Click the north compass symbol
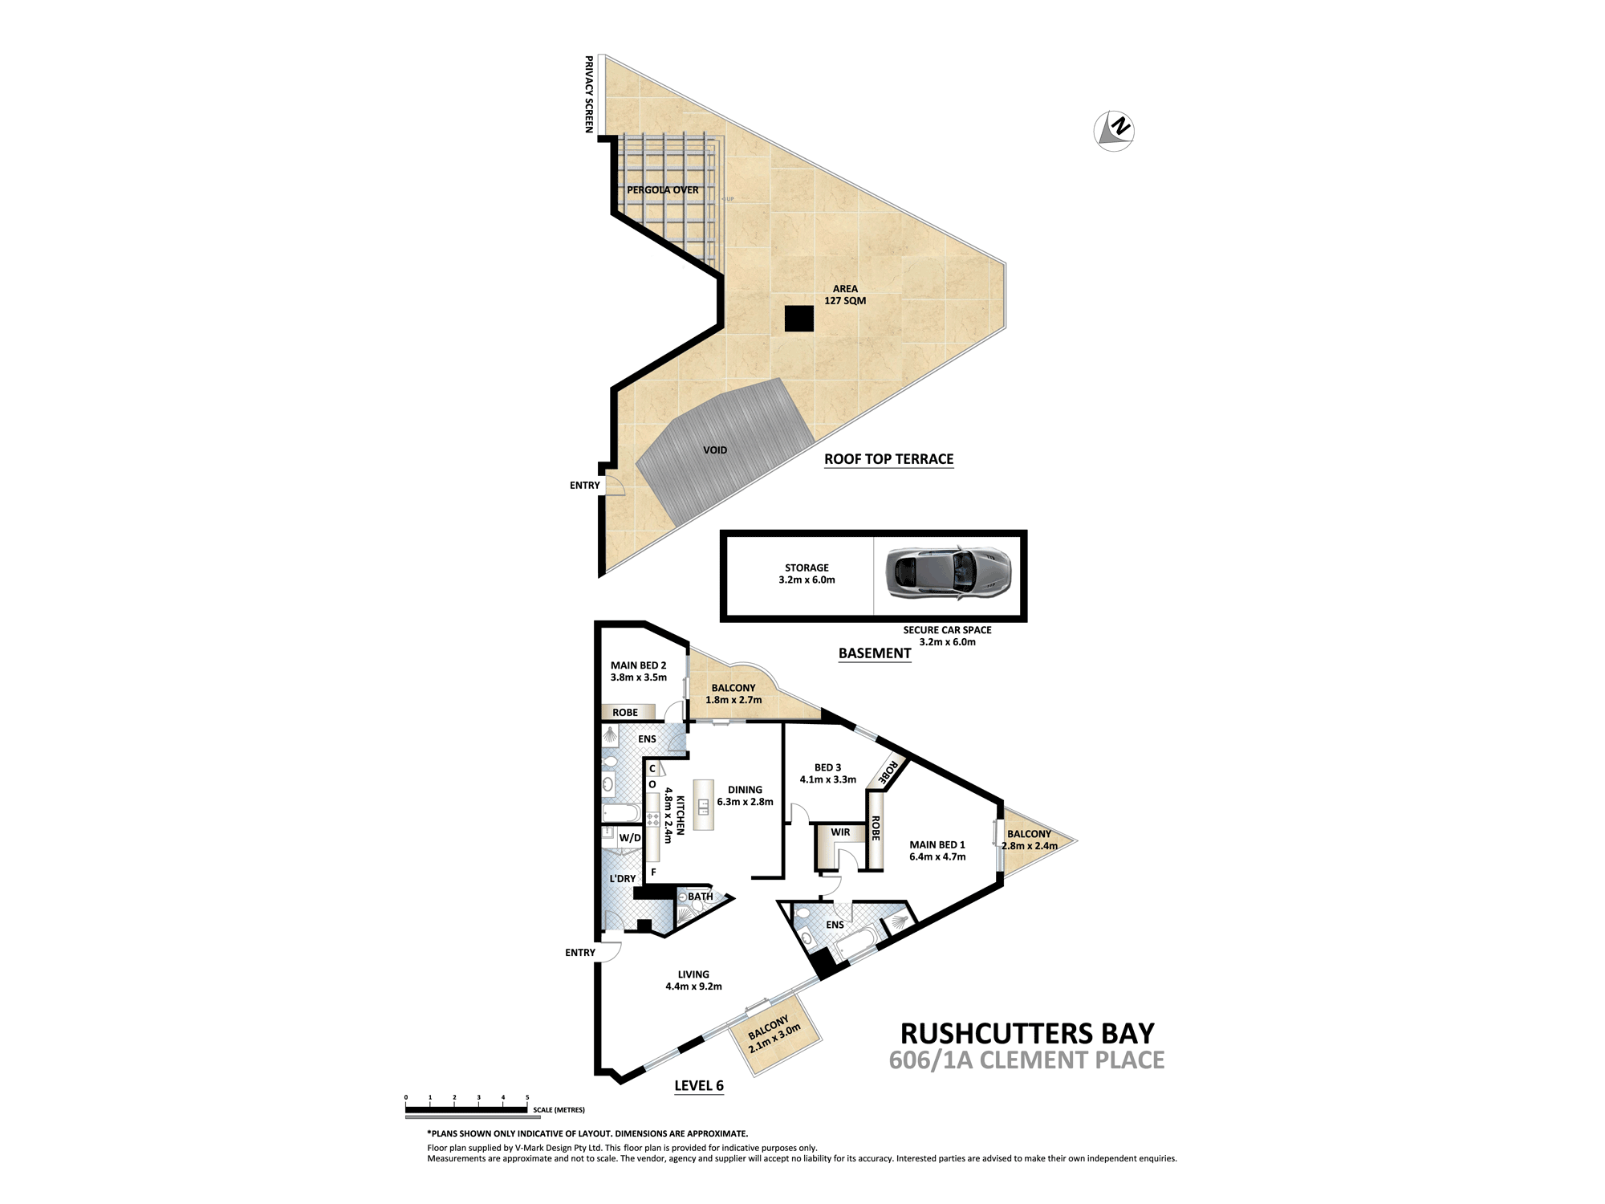(1114, 130)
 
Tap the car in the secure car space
(948, 573)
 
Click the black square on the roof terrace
(799, 319)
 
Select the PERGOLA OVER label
(663, 190)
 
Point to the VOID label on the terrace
(715, 450)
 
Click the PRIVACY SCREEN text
(589, 95)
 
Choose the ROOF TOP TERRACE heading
(889, 459)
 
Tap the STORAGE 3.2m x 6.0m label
(807, 574)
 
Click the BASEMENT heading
(875, 653)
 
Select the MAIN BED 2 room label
(639, 671)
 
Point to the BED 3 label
(828, 774)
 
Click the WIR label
(840, 832)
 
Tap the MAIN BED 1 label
(937, 851)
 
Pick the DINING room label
(745, 796)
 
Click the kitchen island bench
(704, 804)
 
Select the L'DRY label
(623, 879)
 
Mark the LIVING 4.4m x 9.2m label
(693, 981)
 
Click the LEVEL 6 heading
(699, 1086)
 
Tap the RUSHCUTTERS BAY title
(1027, 1033)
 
